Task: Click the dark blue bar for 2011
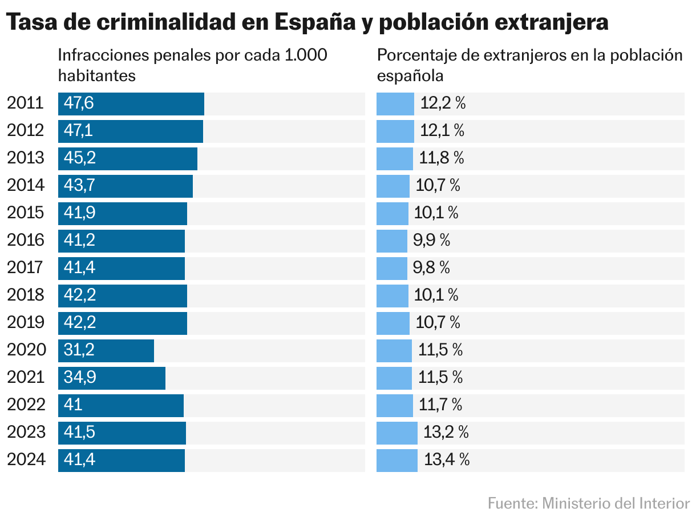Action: (131, 103)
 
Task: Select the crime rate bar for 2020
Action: (106, 350)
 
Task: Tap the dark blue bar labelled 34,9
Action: (112, 378)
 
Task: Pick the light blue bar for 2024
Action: (397, 460)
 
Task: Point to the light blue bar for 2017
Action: (392, 268)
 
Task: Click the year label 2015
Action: (26, 213)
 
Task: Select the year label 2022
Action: (26, 405)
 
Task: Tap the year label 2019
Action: (26, 323)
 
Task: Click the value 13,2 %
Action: (446, 433)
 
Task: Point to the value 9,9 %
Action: (431, 241)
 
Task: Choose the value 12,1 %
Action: (442, 131)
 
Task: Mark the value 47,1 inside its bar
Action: (79, 131)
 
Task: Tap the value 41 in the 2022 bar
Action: (74, 405)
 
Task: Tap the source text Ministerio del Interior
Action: (616, 503)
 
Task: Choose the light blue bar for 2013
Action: (395, 158)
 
